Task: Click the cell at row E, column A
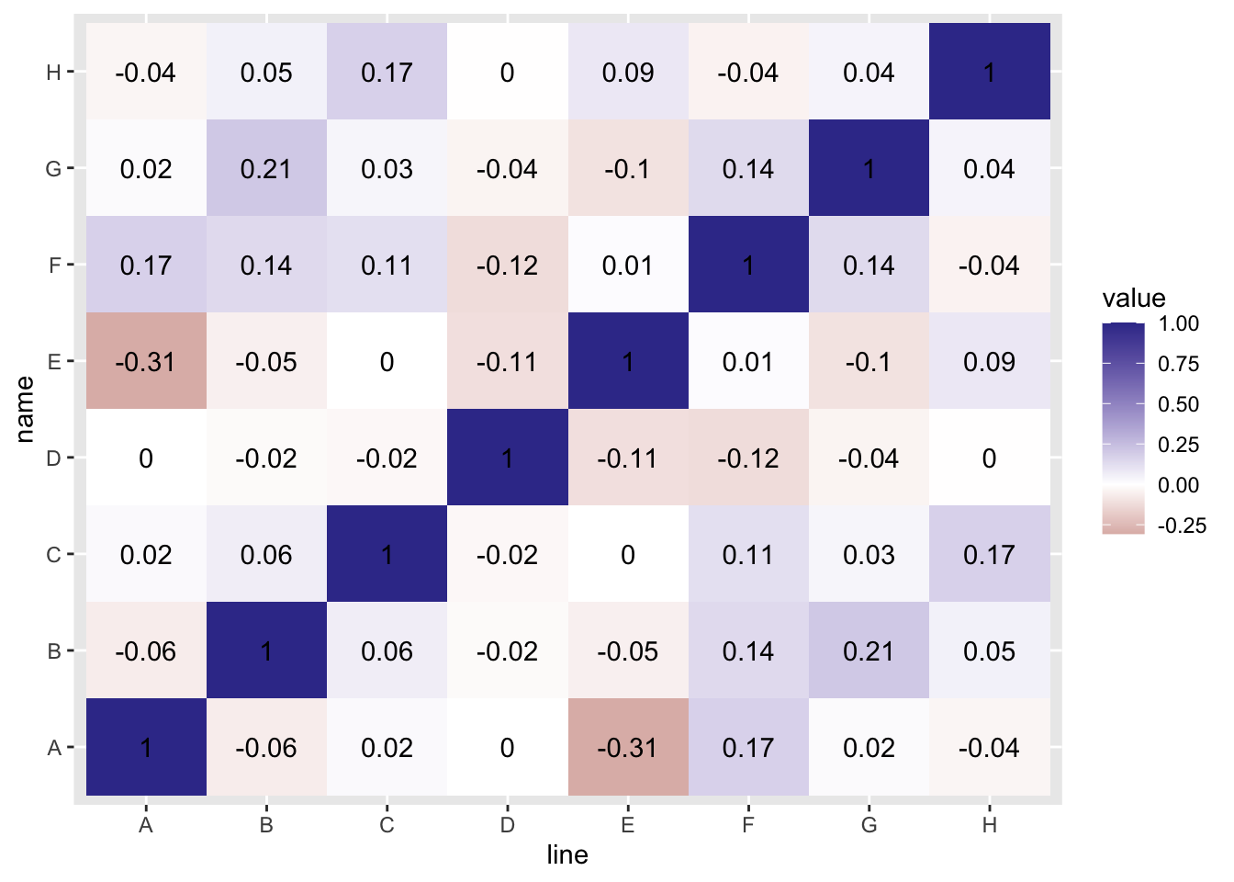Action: [x=146, y=361]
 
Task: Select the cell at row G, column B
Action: [x=266, y=168]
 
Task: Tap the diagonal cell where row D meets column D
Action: [x=508, y=458]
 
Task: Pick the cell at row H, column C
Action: [x=387, y=72]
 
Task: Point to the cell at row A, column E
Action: [x=628, y=747]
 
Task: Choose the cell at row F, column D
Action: [x=508, y=265]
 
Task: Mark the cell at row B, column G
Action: [x=869, y=650]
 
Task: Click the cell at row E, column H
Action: [x=989, y=361]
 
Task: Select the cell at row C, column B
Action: [x=266, y=554]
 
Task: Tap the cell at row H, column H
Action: [x=989, y=72]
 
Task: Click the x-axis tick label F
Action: [x=748, y=825]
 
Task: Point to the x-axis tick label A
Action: [x=146, y=825]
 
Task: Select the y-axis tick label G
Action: [x=53, y=169]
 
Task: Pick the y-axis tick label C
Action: [x=53, y=555]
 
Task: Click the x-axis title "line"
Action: [x=567, y=855]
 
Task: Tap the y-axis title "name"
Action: [x=25, y=409]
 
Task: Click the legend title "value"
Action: [x=1134, y=298]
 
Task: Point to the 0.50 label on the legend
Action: [x=1179, y=404]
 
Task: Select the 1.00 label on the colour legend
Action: [x=1179, y=323]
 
